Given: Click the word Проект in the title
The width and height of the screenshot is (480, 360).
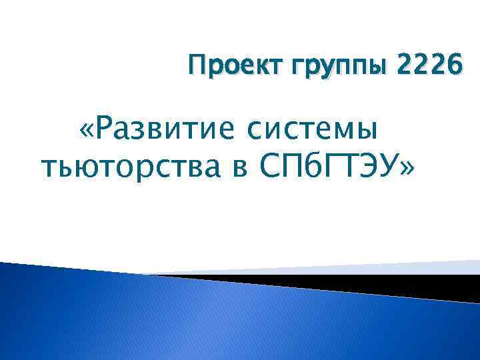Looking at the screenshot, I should click(x=225, y=67).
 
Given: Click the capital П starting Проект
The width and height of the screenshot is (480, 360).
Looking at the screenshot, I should click(x=197, y=66).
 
